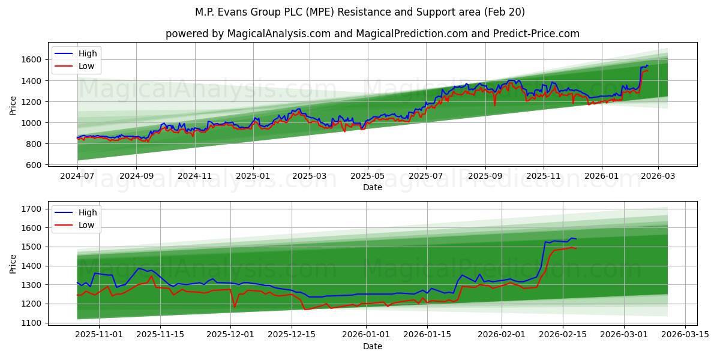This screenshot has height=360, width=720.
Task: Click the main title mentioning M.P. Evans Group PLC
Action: [x=360, y=12]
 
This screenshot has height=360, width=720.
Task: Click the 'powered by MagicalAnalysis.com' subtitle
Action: [x=372, y=34]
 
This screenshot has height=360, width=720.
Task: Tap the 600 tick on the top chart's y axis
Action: [x=35, y=165]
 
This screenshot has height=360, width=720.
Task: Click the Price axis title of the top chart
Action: [x=13, y=106]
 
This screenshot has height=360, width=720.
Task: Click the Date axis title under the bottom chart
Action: [x=373, y=346]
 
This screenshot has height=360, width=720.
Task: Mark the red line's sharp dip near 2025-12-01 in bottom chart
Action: [x=235, y=307]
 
